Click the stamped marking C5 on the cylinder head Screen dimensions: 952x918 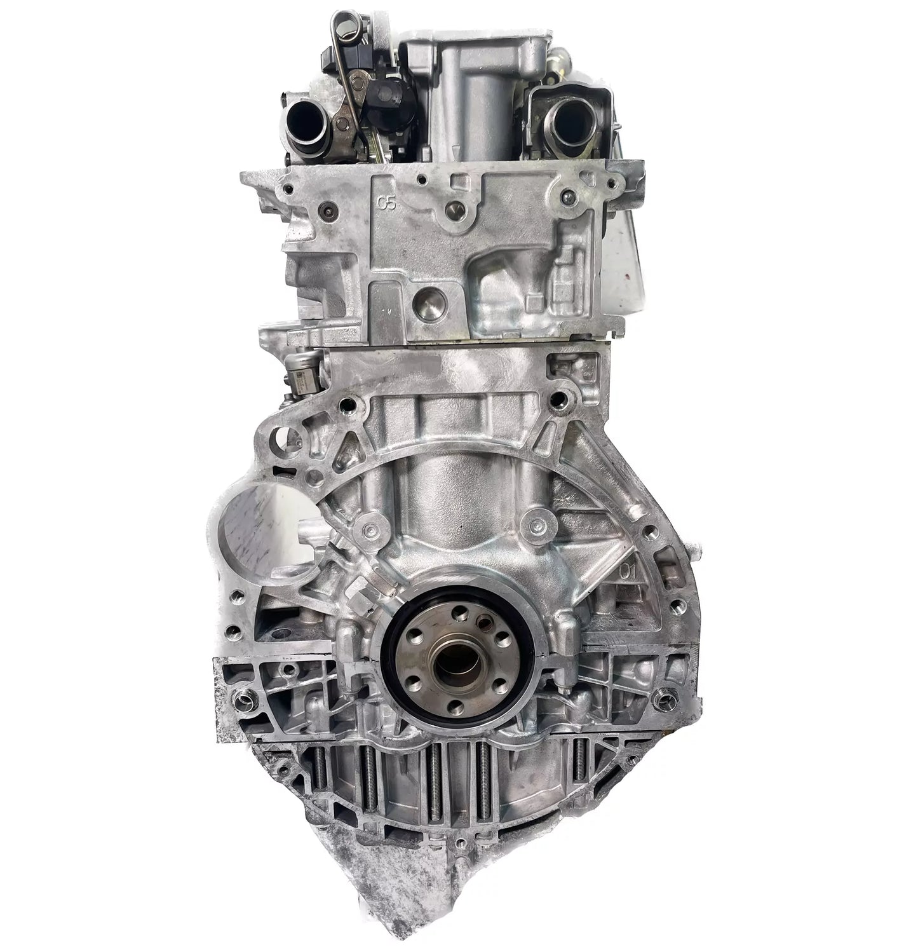(386, 203)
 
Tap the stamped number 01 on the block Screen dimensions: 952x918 (628, 571)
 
